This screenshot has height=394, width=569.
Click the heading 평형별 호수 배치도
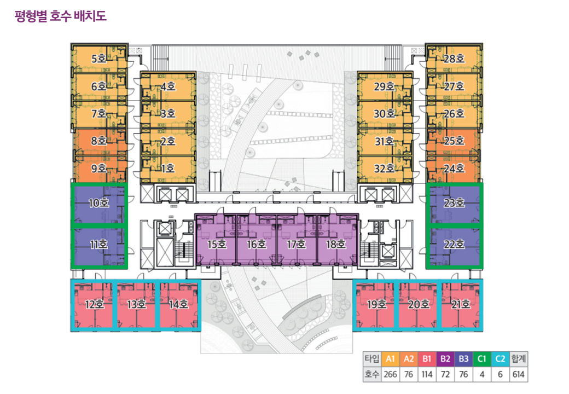[x=60, y=15]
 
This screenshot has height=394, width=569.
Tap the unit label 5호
[x=99, y=59]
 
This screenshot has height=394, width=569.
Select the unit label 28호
[x=454, y=59]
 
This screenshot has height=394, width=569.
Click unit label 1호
[x=167, y=169]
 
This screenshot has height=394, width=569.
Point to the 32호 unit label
[x=384, y=169]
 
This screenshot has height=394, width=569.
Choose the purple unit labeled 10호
[x=99, y=204]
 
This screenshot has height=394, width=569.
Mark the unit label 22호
[x=454, y=244]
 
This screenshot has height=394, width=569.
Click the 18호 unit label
[x=335, y=245]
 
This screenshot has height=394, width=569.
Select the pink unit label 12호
[x=94, y=305]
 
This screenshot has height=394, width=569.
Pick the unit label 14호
[x=179, y=305]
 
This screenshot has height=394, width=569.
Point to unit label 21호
[x=461, y=305]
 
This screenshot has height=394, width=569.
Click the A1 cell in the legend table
[x=390, y=360]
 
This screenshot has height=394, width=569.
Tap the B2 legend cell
[x=445, y=360]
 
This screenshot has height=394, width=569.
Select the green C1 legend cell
[x=481, y=360]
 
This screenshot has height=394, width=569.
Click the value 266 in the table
[x=390, y=375]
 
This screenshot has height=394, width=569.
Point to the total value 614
[x=518, y=375]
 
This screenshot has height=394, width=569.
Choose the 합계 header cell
[x=518, y=360]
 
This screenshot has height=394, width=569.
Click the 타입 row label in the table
[x=371, y=360]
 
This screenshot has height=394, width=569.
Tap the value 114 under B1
[x=427, y=375]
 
